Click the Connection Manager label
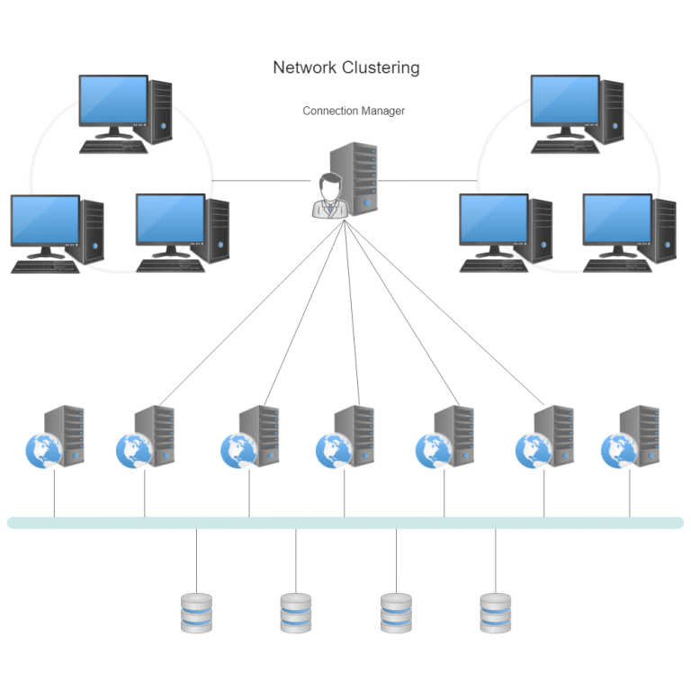(x=354, y=112)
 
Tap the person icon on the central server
(x=329, y=196)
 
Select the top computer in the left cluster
(x=124, y=109)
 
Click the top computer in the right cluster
(x=576, y=109)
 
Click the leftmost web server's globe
(x=41, y=451)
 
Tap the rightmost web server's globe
(x=616, y=451)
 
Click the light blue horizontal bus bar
(x=345, y=523)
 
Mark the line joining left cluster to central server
(x=261, y=180)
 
